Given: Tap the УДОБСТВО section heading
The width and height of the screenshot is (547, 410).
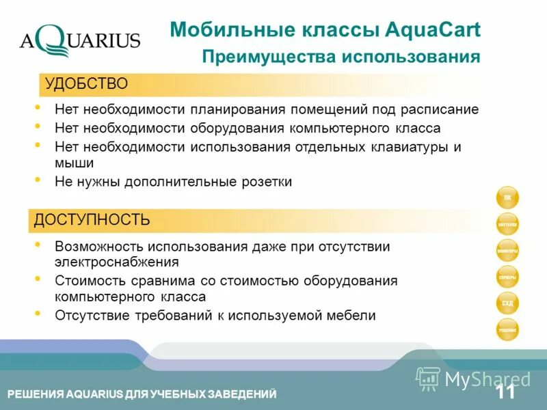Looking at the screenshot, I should [87, 84].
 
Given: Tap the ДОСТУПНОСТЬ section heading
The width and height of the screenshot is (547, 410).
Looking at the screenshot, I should [92, 219].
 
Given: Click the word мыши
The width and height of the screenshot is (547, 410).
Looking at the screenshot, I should [74, 163].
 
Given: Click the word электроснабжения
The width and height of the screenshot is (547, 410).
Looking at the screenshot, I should [117, 262].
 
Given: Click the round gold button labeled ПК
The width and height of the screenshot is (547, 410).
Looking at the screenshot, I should [507, 197].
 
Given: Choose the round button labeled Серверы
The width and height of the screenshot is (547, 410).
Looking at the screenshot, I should [507, 277].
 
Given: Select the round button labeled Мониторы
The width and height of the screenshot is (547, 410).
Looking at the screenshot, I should [507, 251].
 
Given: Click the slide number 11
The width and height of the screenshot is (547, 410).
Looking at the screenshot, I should [506, 392].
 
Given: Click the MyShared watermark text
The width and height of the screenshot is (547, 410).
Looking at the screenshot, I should [487, 379].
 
